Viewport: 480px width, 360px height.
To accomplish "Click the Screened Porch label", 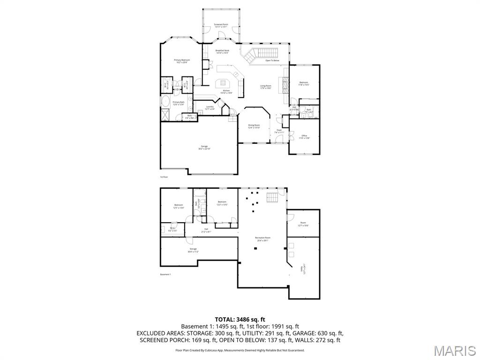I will coord(221,25).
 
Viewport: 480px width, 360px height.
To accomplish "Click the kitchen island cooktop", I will coord(220,83).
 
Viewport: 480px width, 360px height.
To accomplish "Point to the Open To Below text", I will coord(272,60).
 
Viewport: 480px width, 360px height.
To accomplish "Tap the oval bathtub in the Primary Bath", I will coord(166,101).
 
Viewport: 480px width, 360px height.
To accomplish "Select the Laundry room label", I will coord(210,107).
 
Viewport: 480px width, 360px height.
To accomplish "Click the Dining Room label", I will coord(254,126).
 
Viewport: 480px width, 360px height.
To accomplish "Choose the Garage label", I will coord(204,147).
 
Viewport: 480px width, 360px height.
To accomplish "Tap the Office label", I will coord(304,136).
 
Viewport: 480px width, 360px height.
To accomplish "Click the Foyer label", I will coord(279,131).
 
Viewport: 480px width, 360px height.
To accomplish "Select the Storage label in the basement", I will coord(193,250).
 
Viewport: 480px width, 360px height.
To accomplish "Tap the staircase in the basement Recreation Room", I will coord(272,197).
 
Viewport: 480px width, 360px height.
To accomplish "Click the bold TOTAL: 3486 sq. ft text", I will coord(240,319).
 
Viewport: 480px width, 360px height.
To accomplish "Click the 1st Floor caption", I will coord(164,177).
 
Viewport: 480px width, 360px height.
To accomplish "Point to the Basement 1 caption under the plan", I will coord(165,274).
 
